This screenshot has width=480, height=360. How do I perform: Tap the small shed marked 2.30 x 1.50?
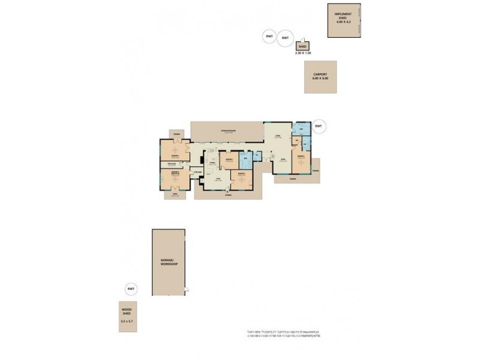pos(303,46)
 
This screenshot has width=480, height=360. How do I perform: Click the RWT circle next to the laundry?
pos(318,127)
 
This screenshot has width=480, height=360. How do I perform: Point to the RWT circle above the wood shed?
pos(131,289)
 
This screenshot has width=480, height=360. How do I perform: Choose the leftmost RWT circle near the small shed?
pos(268,37)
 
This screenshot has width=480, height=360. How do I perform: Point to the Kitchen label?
pos(212,163)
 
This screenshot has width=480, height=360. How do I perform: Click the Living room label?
pos(218,179)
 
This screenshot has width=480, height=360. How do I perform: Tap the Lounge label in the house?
pos(278,137)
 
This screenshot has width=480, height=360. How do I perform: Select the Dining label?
pos(282,160)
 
